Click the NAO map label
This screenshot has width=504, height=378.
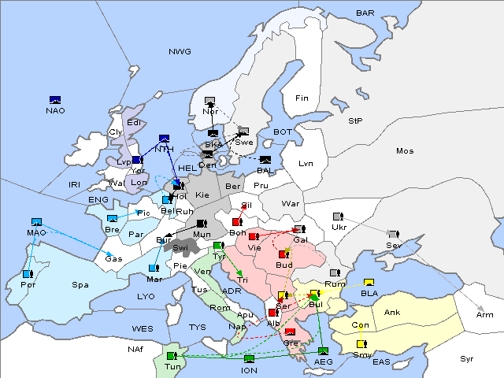[x=55, y=111]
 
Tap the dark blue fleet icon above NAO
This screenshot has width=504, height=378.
[x=55, y=100]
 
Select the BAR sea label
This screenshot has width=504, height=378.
[x=365, y=13]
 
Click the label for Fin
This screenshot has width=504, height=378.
[x=302, y=98]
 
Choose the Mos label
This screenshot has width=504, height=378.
[x=405, y=150]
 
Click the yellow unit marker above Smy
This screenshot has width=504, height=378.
[x=361, y=344]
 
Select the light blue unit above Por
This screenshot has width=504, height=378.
[x=28, y=274]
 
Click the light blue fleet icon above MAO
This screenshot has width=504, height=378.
[x=36, y=223]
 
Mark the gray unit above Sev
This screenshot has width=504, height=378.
[x=393, y=235]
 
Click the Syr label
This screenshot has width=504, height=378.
[x=467, y=358]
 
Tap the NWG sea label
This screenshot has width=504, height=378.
[x=180, y=52]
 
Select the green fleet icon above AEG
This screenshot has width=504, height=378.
[x=324, y=350]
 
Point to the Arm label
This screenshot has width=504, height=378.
[x=485, y=315]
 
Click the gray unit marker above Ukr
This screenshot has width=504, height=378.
[x=338, y=217]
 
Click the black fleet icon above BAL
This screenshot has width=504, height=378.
[x=265, y=160]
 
